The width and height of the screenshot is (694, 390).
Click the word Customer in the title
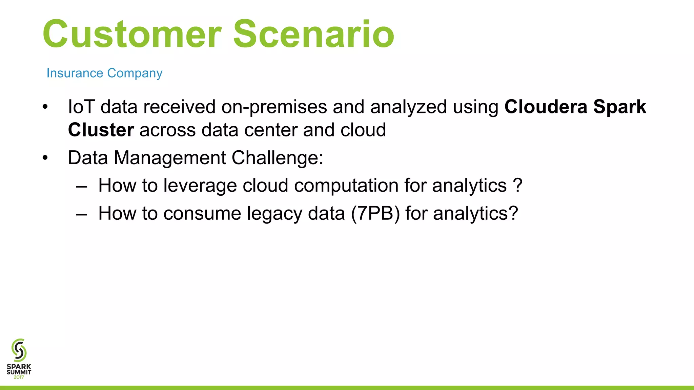(x=132, y=34)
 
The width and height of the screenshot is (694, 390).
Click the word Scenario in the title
(x=314, y=34)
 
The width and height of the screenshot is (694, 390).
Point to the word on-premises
(x=274, y=107)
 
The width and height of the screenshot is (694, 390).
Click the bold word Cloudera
(x=546, y=107)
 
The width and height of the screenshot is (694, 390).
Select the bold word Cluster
(x=101, y=130)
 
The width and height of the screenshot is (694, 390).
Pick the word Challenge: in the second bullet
(x=277, y=158)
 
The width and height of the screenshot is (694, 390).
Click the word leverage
(x=200, y=186)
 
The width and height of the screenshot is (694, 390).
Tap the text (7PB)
(x=375, y=214)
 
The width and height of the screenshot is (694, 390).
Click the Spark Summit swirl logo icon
(x=19, y=350)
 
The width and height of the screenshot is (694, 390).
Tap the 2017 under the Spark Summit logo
(x=19, y=377)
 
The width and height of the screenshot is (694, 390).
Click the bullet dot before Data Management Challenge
(x=45, y=158)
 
